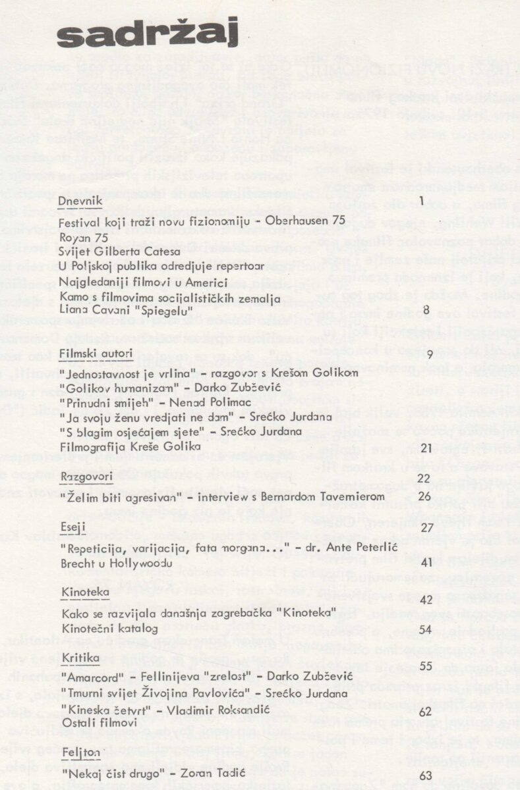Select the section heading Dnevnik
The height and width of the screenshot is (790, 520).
pos(96,199)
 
